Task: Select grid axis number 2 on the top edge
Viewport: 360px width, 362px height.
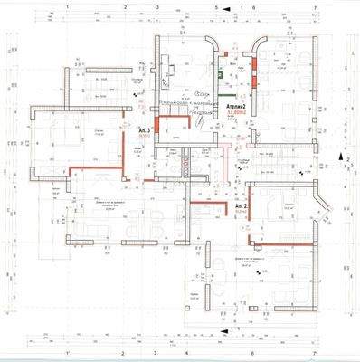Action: pos(127,5)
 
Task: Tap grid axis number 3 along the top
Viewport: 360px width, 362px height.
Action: pos(157,5)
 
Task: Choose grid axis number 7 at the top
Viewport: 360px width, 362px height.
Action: pos(314,5)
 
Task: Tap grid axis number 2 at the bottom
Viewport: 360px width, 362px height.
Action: pos(127,354)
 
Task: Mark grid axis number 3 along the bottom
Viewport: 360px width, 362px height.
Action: pos(157,354)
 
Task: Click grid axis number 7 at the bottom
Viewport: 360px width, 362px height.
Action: pos(314,354)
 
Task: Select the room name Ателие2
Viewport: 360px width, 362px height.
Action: pos(238,106)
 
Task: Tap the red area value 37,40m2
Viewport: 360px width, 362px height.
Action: pos(238,113)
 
